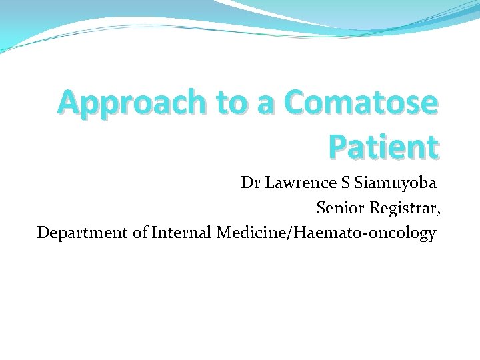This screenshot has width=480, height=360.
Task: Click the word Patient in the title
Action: (384, 146)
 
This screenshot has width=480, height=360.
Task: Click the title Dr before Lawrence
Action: (251, 183)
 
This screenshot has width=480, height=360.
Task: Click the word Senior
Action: (339, 208)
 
